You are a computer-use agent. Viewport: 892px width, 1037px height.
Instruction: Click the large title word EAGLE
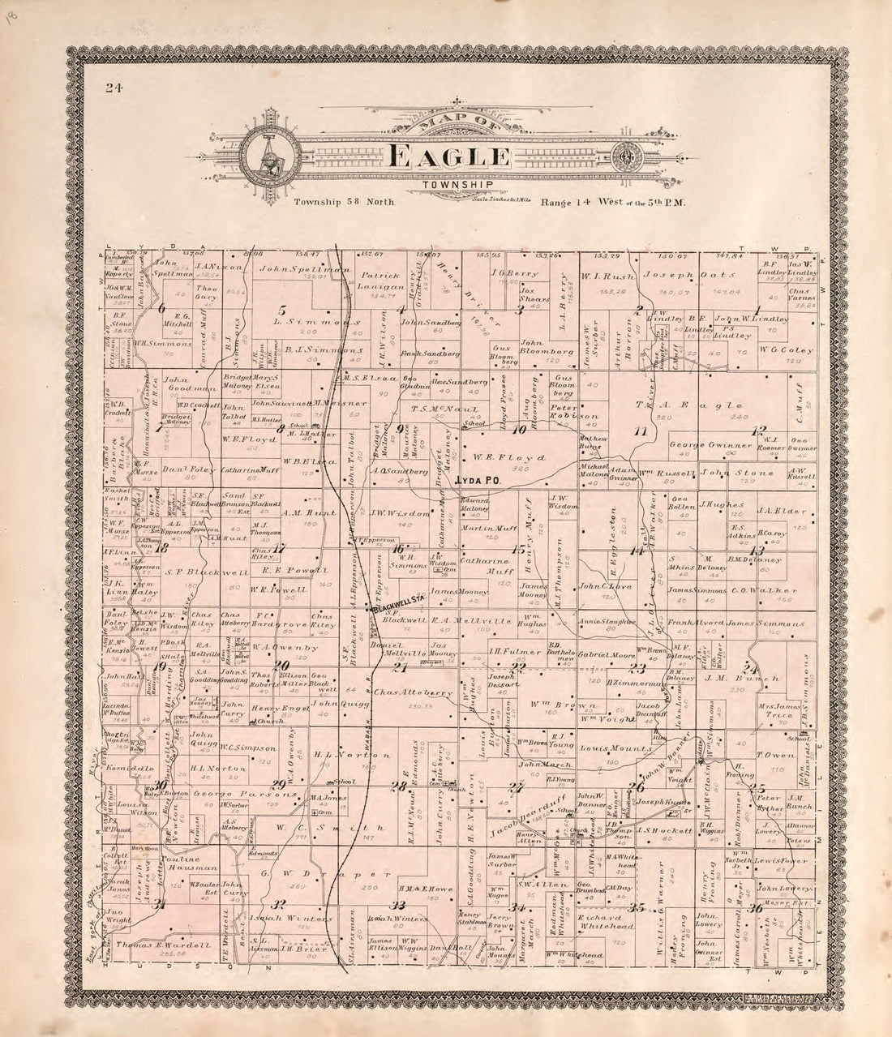[449, 156]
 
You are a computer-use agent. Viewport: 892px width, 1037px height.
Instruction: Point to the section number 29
[278, 782]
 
